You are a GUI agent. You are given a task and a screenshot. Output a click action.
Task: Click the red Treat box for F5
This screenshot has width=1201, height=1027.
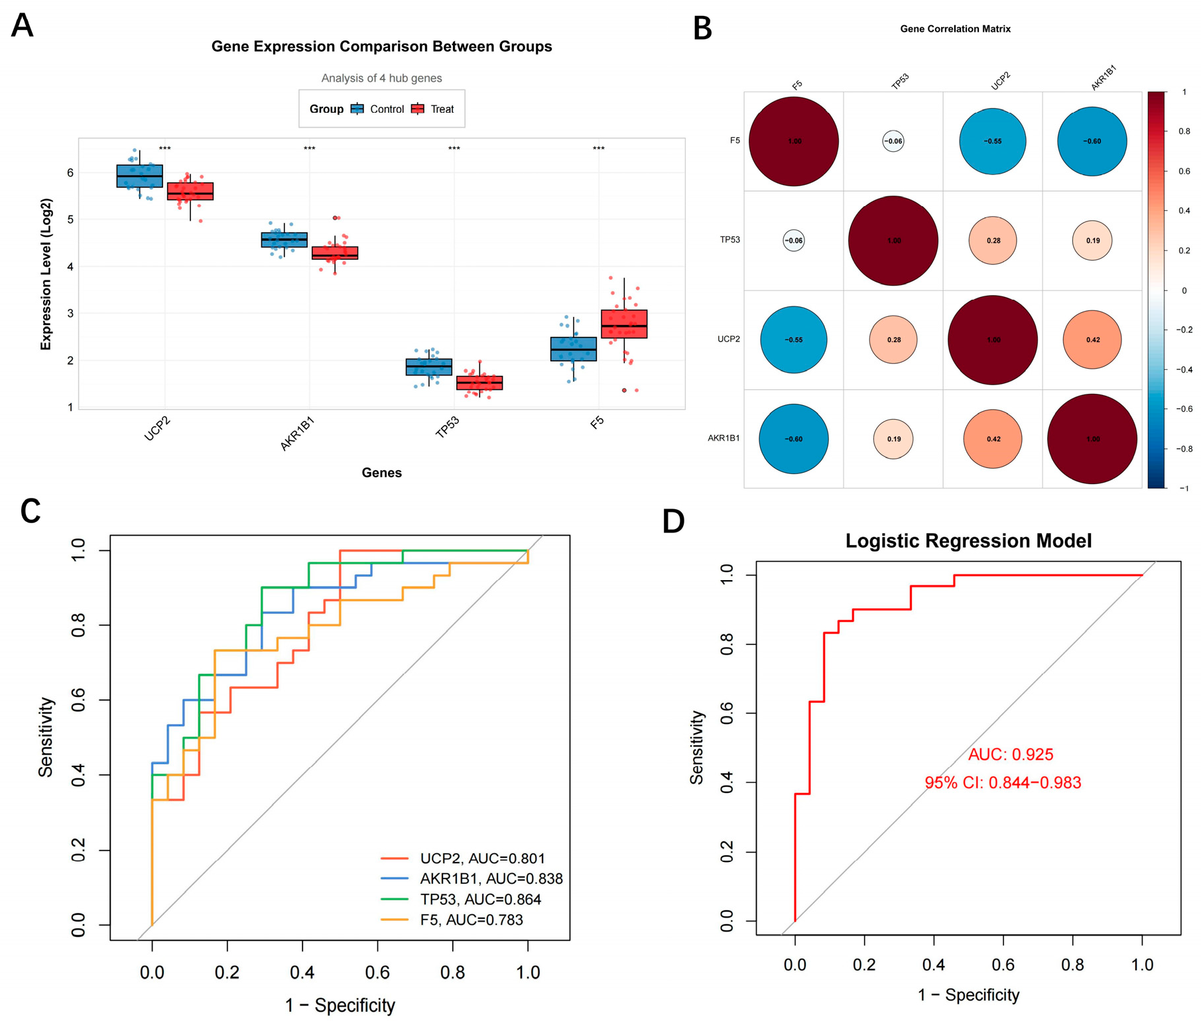click(x=624, y=324)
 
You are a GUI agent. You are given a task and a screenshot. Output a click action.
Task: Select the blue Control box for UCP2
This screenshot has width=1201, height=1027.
click(x=139, y=176)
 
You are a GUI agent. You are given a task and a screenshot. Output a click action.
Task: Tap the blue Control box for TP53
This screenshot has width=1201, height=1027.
click(x=429, y=367)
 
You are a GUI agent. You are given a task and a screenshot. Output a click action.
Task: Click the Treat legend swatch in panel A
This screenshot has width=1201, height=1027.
click(x=418, y=109)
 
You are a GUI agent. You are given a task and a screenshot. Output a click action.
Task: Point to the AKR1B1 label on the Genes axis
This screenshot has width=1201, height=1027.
click(x=297, y=434)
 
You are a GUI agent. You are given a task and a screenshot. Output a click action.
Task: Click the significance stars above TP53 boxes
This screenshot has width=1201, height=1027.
click(x=454, y=149)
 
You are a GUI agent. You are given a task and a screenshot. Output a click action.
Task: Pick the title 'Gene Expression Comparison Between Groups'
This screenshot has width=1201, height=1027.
click(x=381, y=46)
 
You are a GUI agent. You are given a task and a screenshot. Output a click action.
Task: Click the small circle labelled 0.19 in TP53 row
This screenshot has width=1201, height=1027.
click(x=1092, y=240)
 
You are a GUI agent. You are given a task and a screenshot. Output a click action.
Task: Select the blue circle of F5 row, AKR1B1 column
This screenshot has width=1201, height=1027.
click(x=1092, y=141)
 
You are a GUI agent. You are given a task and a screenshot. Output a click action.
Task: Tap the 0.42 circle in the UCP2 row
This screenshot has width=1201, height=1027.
click(x=1092, y=339)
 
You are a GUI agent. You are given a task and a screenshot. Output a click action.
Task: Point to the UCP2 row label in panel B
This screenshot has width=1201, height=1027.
click(x=728, y=339)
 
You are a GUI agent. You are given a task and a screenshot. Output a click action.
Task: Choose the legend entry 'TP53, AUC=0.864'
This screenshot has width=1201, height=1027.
click(x=480, y=899)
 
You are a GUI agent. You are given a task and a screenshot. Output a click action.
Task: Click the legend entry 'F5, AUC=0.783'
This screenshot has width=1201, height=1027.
click(x=471, y=920)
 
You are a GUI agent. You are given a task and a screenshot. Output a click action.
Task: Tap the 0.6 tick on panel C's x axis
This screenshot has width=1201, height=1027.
click(x=377, y=972)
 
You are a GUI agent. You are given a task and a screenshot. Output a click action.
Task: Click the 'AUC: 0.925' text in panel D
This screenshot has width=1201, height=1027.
click(x=1011, y=755)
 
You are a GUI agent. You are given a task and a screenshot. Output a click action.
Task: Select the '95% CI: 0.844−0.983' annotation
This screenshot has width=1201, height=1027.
click(x=1003, y=782)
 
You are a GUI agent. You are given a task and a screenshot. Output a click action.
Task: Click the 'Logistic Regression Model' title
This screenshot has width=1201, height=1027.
click(x=968, y=541)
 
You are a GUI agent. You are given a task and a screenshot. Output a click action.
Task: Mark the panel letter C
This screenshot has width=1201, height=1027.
click(x=31, y=511)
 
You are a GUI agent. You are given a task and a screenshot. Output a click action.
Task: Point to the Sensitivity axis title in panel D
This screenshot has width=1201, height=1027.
click(x=697, y=747)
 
